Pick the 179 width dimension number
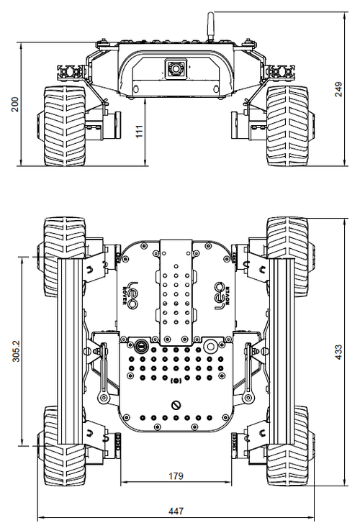pos(176,475)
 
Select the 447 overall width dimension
pos(176,511)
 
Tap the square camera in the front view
pos(175,69)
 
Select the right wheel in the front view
pos(287,125)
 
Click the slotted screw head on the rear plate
pos(176,405)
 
